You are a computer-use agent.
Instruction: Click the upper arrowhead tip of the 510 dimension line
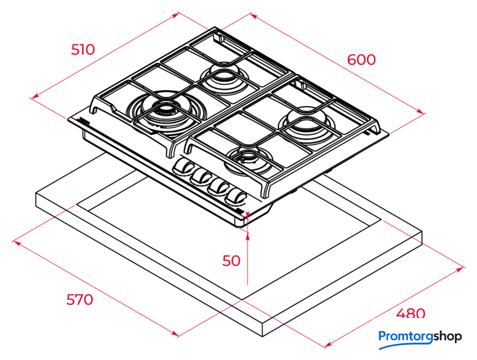[178, 13]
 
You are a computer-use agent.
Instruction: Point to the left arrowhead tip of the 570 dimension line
[13, 242]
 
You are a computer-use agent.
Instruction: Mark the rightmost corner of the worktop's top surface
[422, 232]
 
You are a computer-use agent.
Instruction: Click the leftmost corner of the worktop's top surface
[36, 193]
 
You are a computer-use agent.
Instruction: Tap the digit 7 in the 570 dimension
[79, 300]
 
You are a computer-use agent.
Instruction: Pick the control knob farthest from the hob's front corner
[183, 167]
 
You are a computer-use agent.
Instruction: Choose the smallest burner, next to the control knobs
[249, 161]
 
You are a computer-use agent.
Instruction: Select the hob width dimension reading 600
[361, 60]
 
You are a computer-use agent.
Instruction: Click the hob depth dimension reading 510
[83, 49]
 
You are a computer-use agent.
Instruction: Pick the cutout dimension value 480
[411, 313]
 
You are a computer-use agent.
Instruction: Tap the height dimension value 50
[231, 261]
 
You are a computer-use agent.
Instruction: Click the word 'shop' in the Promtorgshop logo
[447, 337]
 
